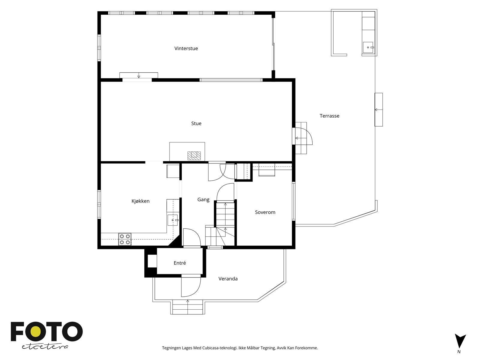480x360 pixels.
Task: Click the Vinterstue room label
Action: [186, 49]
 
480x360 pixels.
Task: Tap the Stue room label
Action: [196, 124]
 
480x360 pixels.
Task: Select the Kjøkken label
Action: [140, 201]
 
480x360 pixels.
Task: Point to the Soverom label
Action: [265, 212]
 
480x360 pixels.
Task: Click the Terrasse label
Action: [329, 116]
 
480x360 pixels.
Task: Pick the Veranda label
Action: [228, 279]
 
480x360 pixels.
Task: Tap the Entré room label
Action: [180, 263]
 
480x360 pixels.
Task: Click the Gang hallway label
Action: [203, 200]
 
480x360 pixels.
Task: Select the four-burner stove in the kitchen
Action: [125, 239]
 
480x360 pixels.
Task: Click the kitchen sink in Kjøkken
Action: [173, 220]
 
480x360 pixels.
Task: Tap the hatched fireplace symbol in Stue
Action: [194, 155]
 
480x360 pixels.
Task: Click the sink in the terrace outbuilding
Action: [368, 47]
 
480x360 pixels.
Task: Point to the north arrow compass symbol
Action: [460, 341]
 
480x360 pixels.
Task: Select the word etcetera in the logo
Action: [45, 346]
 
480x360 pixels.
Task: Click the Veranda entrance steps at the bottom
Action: [188, 307]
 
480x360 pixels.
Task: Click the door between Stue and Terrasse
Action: [303, 138]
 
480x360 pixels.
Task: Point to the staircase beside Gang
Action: [225, 219]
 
